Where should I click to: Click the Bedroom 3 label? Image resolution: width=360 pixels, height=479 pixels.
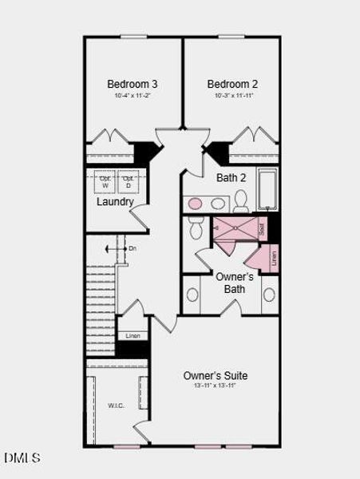(x=133, y=84)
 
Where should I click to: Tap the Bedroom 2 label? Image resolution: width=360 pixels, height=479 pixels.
(x=232, y=84)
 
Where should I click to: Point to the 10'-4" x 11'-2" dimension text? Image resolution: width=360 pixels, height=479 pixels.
(x=133, y=97)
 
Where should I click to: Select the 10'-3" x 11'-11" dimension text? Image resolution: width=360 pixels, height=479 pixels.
(x=232, y=97)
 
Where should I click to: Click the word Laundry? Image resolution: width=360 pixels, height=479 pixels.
(x=115, y=202)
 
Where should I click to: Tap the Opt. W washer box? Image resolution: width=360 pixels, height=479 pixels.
(x=105, y=181)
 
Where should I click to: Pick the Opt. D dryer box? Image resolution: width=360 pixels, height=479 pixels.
(x=128, y=181)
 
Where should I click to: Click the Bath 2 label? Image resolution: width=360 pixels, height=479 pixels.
(x=231, y=177)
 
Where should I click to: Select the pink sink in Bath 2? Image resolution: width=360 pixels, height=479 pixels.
(x=195, y=203)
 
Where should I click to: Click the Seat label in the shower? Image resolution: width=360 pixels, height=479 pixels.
(x=262, y=228)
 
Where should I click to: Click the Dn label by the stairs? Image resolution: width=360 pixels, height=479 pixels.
(x=132, y=249)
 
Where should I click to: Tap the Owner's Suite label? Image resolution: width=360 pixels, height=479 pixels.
(x=216, y=375)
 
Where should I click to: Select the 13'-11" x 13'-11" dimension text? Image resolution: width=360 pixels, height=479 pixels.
(x=216, y=386)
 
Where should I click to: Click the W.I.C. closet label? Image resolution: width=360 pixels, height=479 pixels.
(x=117, y=406)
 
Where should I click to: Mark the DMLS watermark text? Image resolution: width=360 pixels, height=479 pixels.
(x=22, y=458)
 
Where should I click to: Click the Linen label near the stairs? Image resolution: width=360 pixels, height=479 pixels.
(x=133, y=335)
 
